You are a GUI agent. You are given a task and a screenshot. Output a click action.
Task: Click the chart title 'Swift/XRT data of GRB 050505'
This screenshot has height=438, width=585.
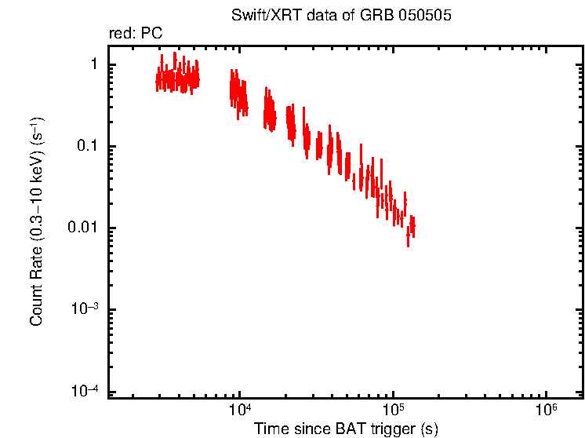(x=341, y=16)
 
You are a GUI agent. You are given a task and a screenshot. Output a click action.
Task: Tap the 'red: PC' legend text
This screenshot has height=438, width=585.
(x=136, y=35)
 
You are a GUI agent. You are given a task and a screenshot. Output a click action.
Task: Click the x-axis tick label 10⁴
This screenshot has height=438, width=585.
(x=240, y=411)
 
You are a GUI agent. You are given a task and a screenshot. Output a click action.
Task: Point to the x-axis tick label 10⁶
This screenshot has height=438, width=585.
(x=546, y=411)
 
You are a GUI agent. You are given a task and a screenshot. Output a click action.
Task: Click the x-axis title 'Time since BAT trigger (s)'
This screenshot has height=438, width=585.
(x=345, y=429)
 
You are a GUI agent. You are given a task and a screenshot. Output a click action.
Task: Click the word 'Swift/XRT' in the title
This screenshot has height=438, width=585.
(x=260, y=16)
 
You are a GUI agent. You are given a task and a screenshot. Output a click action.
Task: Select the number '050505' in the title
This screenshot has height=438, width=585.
(x=426, y=16)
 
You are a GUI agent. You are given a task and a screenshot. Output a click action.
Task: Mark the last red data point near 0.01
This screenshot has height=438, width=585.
(x=412, y=226)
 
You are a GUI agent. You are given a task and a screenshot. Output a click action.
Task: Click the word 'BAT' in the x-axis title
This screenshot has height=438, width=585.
(x=343, y=429)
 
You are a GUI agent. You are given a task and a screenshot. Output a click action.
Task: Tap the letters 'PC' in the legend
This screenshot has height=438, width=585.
(x=152, y=35)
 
